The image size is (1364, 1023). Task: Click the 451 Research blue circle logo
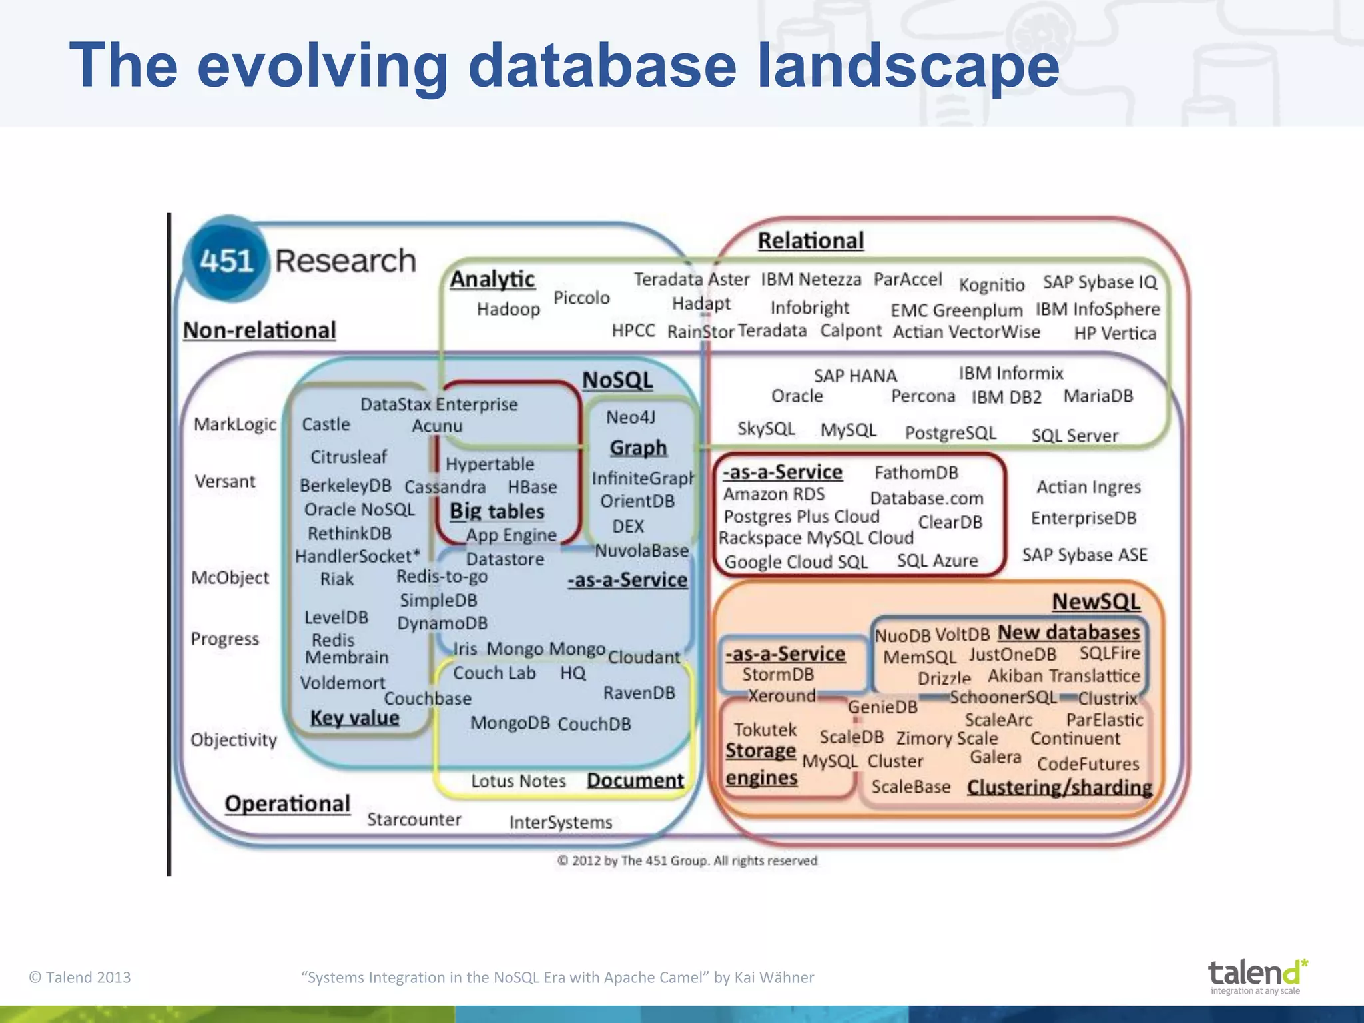(226, 260)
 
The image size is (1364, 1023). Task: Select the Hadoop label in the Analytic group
(508, 309)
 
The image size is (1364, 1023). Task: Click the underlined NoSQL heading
(617, 380)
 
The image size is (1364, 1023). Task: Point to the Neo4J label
(631, 417)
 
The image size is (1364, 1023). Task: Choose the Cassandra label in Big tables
(445, 487)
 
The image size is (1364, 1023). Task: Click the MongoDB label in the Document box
(510, 723)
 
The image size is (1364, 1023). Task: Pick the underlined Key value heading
(354, 718)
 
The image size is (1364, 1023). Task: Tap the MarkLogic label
(234, 424)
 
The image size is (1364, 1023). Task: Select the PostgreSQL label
(950, 433)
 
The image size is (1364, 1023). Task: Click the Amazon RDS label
(773, 494)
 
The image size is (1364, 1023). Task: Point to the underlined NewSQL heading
(1096, 601)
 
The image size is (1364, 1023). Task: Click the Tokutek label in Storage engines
(765, 730)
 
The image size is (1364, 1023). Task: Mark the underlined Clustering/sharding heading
(1059, 787)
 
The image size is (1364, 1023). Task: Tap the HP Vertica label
(1114, 333)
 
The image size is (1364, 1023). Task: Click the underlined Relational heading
(811, 240)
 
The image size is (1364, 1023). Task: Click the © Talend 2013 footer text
(80, 977)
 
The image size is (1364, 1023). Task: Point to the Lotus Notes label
(518, 781)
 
